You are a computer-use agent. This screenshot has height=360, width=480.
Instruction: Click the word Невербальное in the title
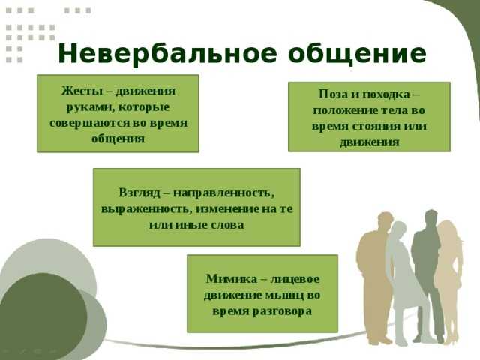tap(167, 54)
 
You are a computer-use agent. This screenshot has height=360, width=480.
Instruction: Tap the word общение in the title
tap(357, 55)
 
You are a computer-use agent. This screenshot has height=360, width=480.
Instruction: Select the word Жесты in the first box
tap(82, 91)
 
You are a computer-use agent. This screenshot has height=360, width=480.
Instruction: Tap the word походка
tap(386, 94)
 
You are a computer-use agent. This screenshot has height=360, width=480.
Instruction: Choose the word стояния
tap(376, 126)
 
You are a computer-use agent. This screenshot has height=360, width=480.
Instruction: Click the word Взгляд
tap(139, 193)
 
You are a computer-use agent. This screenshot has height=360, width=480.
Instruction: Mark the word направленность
tap(223, 193)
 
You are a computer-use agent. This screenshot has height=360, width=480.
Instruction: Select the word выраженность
tap(147, 210)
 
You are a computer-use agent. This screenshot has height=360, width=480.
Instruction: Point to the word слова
tap(228, 225)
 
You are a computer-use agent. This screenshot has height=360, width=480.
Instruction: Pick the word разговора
tap(282, 311)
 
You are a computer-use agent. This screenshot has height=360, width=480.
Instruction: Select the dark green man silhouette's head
tap(431, 218)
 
